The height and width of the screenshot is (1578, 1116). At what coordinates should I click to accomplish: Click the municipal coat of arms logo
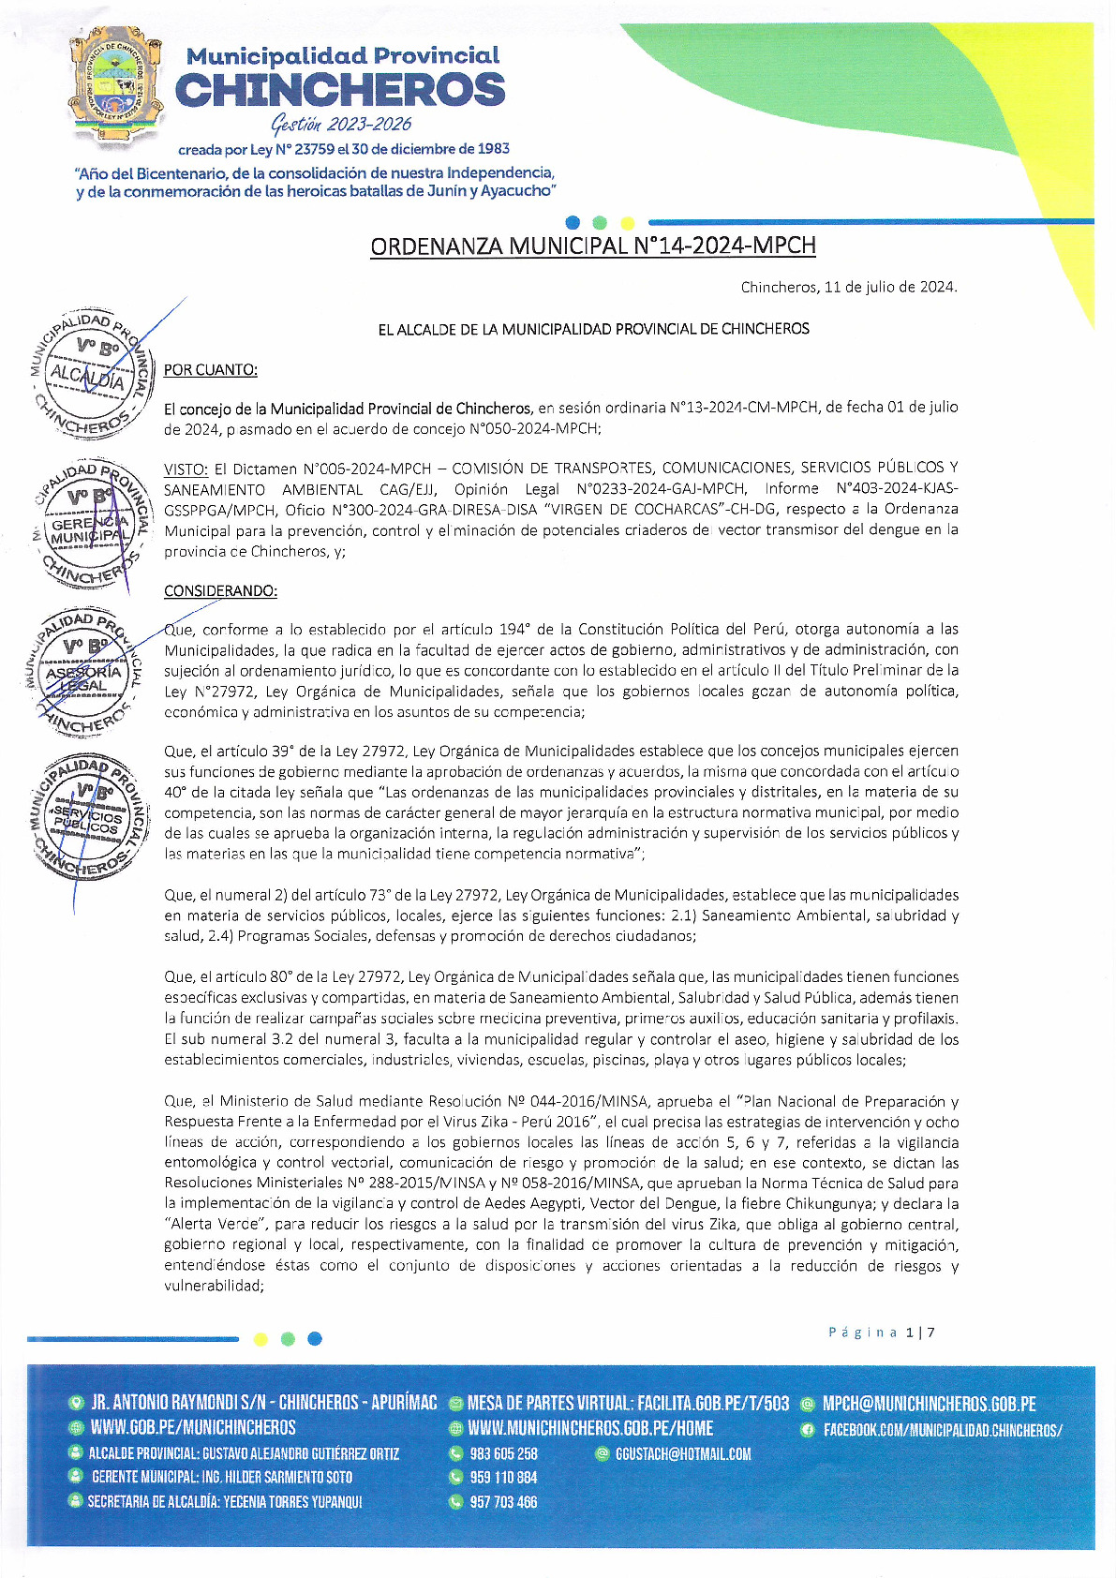(x=116, y=87)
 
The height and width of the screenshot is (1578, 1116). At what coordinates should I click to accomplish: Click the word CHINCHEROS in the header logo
(x=340, y=91)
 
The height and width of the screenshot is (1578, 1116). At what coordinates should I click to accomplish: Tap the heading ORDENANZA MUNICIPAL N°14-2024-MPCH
(x=593, y=246)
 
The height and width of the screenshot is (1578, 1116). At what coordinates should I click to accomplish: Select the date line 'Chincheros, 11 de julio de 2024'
(x=849, y=287)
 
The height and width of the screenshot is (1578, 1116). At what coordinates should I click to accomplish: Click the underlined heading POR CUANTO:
(x=211, y=370)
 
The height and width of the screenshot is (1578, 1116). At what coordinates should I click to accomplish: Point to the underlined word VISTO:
(x=186, y=469)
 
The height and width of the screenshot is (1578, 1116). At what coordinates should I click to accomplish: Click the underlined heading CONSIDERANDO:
(x=220, y=591)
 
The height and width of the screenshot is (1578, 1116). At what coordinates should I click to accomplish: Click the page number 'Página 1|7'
(x=881, y=1332)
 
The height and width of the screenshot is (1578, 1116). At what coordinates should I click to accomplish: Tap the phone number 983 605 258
(x=503, y=1454)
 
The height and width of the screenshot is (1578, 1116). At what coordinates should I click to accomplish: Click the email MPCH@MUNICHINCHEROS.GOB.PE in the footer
(x=929, y=1404)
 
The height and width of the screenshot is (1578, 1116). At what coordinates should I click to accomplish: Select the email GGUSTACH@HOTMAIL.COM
(x=683, y=1454)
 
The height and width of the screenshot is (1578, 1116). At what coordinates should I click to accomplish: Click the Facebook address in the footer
(x=942, y=1430)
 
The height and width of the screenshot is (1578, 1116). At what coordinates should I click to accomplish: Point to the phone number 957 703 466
(x=503, y=1502)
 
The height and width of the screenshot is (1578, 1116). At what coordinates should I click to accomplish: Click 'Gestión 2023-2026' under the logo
(x=341, y=125)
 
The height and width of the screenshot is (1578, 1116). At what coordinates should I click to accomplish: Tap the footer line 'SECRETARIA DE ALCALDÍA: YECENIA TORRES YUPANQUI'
(x=225, y=1501)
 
